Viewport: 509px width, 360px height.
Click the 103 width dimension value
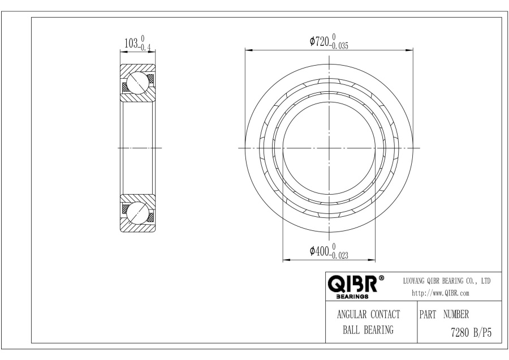(x=131, y=43)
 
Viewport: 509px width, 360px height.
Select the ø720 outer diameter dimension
(x=320, y=41)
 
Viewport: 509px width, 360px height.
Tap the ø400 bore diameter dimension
(x=320, y=251)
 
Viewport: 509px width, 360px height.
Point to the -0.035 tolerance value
(x=339, y=46)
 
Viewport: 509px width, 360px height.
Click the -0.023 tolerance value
(x=339, y=256)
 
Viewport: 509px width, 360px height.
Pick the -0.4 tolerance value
(x=144, y=48)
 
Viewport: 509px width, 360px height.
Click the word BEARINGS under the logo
(x=352, y=297)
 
